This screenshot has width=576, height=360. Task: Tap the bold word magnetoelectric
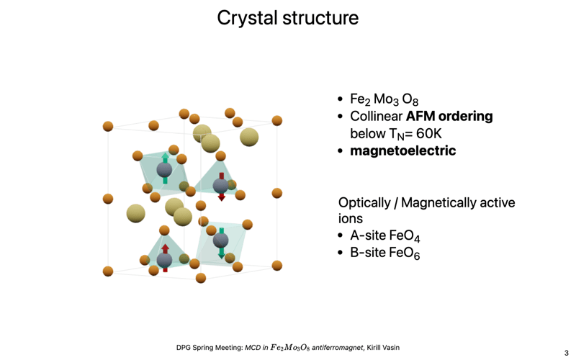pyautogui.click(x=402, y=151)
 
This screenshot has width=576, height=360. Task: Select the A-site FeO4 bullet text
pyautogui.click(x=384, y=236)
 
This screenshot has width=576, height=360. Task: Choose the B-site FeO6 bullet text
pyautogui.click(x=384, y=253)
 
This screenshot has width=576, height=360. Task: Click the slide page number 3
pyautogui.click(x=566, y=353)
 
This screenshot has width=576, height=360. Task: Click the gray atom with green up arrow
pyautogui.click(x=164, y=169)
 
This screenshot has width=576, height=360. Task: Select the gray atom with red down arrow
pyautogui.click(x=221, y=185)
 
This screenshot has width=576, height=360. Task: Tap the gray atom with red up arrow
pyautogui.click(x=165, y=259)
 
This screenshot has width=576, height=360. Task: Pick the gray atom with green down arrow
pyautogui.click(x=221, y=242)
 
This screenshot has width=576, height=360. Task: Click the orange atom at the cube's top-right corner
pyautogui.click(x=276, y=120)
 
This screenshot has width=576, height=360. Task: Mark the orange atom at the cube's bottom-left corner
pyautogui.click(x=108, y=271)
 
